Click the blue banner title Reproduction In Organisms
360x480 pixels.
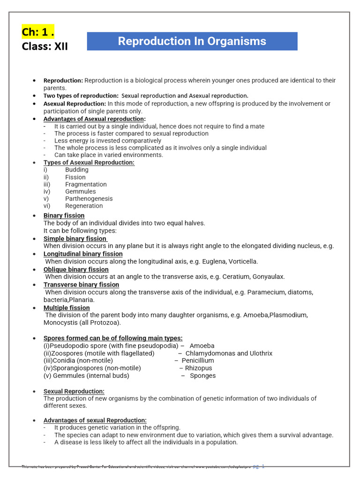192,41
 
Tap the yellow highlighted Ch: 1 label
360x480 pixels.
37,32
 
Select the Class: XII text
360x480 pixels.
45,46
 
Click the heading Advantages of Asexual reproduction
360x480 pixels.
94,119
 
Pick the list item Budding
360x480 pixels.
77,170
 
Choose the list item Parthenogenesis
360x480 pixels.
89,198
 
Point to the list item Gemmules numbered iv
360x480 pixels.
80,191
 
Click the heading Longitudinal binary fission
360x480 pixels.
83,254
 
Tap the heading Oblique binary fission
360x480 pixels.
76,270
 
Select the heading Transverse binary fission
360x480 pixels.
81,285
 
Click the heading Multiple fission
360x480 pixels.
67,308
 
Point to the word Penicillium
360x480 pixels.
198,360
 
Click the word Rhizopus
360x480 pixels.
198,368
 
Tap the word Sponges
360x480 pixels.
202,375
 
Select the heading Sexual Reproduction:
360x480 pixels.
74,391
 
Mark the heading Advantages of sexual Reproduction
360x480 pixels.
95,420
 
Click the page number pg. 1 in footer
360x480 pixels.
259,466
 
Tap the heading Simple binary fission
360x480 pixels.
75,239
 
